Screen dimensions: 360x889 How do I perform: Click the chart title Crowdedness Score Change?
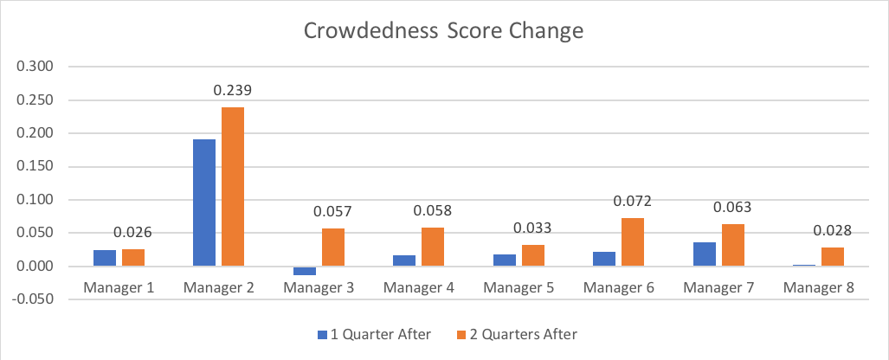[x=443, y=31]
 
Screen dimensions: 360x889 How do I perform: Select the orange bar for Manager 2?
[x=232, y=187]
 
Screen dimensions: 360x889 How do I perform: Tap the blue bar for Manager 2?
[x=203, y=202]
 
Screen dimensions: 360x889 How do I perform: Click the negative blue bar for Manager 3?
[x=305, y=271]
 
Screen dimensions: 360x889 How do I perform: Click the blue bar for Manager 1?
[x=105, y=258]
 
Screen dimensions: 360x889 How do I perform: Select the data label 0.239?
[x=232, y=90]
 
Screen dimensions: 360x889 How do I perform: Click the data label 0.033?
[x=533, y=228]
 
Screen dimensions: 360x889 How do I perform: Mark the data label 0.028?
[x=833, y=231]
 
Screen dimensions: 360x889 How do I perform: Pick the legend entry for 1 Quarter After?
[x=372, y=333]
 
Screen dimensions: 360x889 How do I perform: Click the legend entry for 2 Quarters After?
[x=516, y=333]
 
